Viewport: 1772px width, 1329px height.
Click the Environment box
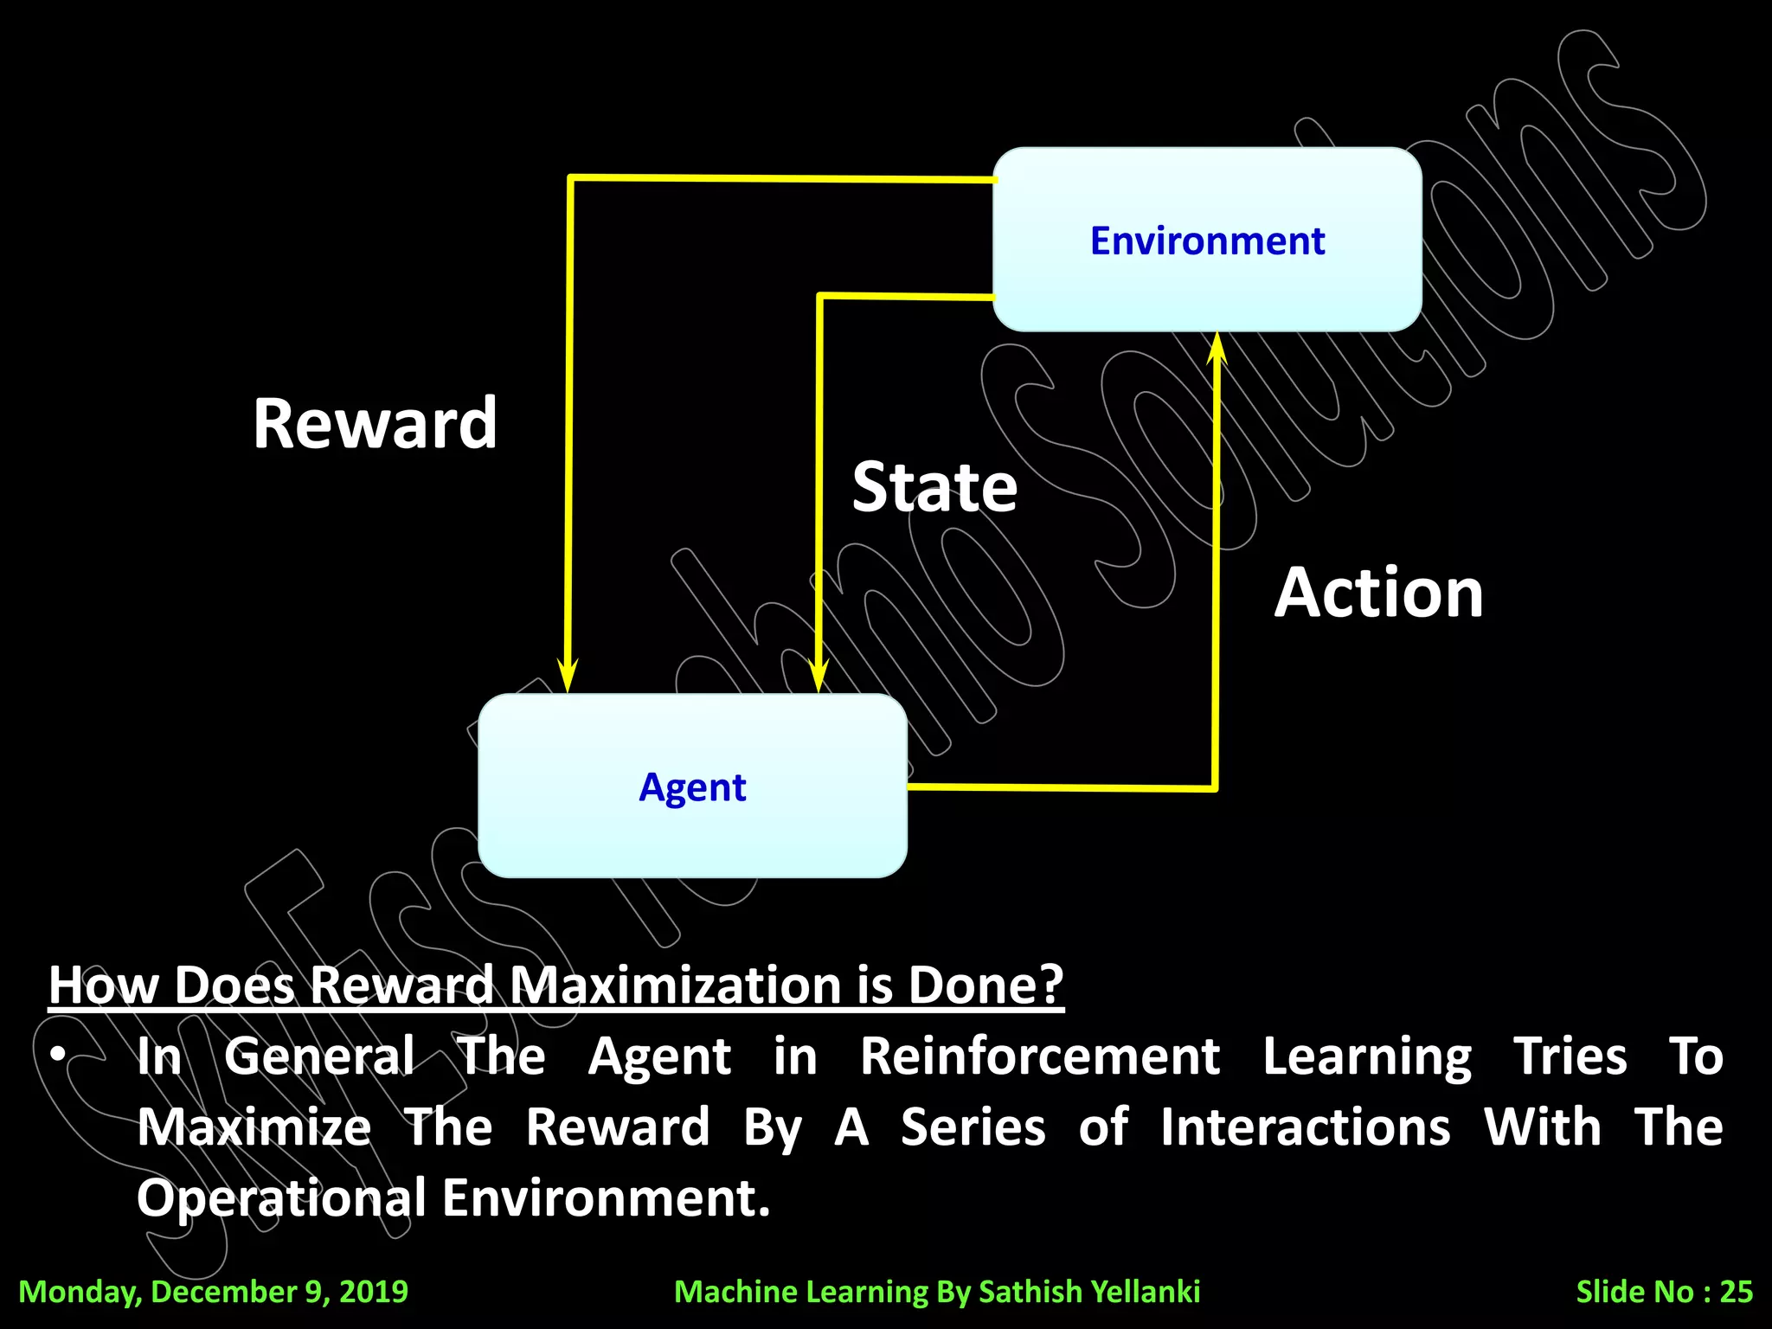pos(1207,240)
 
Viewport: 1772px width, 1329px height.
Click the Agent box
pos(692,786)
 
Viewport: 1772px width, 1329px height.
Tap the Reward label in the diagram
pos(375,423)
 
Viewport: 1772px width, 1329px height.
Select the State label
pos(934,487)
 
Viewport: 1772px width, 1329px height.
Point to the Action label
pos(1378,593)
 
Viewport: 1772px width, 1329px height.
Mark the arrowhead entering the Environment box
pos(1217,348)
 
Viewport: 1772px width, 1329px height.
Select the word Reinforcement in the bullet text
pos(1040,1056)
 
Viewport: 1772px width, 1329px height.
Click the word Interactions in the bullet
pos(1305,1127)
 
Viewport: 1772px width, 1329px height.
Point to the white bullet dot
pos(58,1054)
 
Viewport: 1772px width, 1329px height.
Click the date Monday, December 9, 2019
pos(213,1291)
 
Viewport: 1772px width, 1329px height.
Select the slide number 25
pos(1736,1291)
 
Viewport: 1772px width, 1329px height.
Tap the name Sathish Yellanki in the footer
pos(1089,1291)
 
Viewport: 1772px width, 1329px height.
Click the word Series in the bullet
pos(973,1127)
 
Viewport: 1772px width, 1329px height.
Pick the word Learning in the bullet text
pos(1367,1056)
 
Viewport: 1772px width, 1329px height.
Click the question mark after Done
pos(1051,985)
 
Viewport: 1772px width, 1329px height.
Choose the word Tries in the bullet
pos(1570,1056)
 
